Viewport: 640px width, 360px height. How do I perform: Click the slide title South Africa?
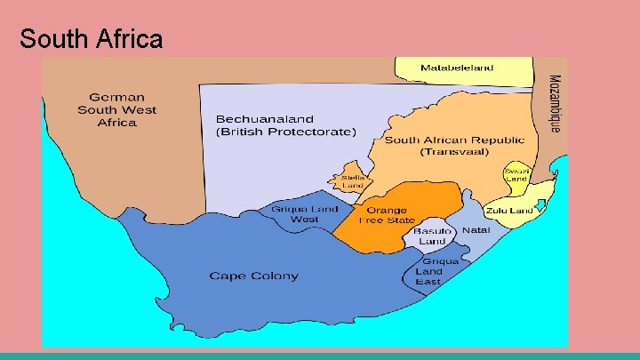tap(92, 39)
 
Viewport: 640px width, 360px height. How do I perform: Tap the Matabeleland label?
tap(457, 68)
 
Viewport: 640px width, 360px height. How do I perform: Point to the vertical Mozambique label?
tap(554, 103)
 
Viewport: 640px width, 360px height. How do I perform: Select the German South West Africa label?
tap(116, 109)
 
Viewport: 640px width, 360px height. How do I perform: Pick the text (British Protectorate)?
tap(285, 132)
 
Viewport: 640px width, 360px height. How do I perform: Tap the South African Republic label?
tap(454, 140)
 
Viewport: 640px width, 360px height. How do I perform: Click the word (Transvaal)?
tap(455, 153)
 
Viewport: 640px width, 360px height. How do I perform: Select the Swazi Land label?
tap(516, 174)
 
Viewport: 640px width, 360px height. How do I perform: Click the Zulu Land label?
tap(509, 211)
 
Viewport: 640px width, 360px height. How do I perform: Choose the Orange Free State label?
tap(387, 215)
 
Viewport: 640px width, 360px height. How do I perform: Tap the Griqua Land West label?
tap(305, 213)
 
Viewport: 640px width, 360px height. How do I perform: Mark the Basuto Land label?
tap(432, 236)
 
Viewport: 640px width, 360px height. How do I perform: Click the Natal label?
tap(476, 230)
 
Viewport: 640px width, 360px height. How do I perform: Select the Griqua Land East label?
tap(440, 271)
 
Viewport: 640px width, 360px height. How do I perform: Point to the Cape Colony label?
tap(253, 276)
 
